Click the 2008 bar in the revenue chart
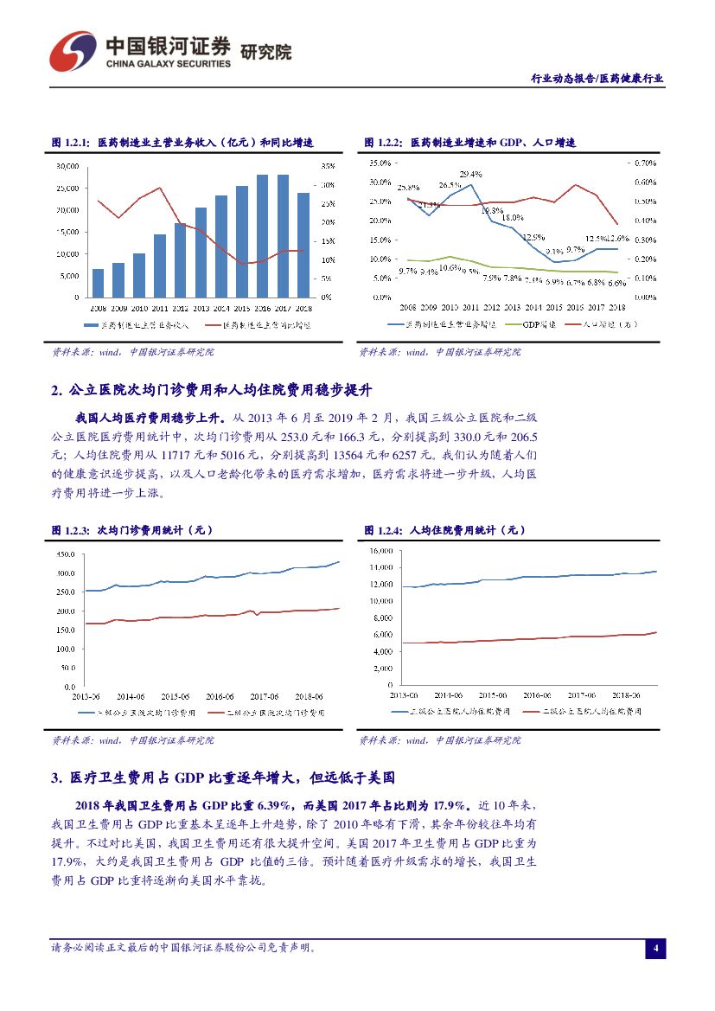pyautogui.click(x=98, y=283)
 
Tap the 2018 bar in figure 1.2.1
pyautogui.click(x=303, y=245)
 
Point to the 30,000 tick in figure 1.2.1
pyautogui.click(x=67, y=166)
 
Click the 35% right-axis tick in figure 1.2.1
pyautogui.click(x=327, y=166)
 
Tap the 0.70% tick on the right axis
pyautogui.click(x=644, y=163)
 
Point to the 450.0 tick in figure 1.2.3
pyautogui.click(x=67, y=553)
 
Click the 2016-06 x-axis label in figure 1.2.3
pyautogui.click(x=219, y=695)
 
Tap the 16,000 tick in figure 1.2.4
pyautogui.click(x=380, y=551)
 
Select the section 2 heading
pyautogui.click(x=213, y=391)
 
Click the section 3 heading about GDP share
pyautogui.click(x=224, y=778)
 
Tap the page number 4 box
pyautogui.click(x=655, y=949)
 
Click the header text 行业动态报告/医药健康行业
pyautogui.click(x=597, y=78)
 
